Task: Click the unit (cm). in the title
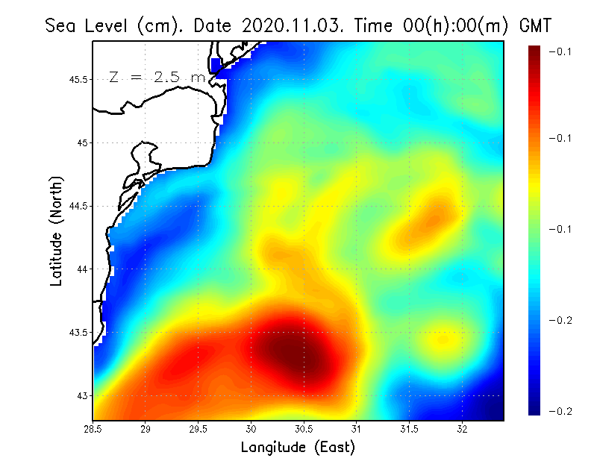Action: [160, 25]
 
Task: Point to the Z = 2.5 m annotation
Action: [157, 77]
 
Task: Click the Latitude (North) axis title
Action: [56, 231]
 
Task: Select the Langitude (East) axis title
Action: [298, 447]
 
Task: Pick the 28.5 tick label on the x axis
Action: [93, 429]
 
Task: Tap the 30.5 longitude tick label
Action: [304, 429]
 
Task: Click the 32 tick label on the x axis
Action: [462, 429]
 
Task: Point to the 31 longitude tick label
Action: [357, 429]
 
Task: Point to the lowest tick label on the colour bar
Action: [560, 411]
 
